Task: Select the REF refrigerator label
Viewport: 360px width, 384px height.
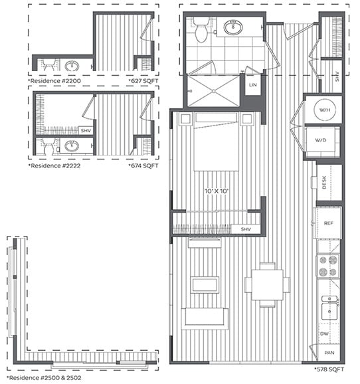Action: pos(327,223)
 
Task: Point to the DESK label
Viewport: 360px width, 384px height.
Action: pos(324,182)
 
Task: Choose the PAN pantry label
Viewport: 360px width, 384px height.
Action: pos(328,354)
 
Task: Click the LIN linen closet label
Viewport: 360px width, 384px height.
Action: pos(253,85)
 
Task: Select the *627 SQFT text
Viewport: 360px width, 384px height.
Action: pos(143,81)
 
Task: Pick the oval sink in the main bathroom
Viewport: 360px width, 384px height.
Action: pos(232,28)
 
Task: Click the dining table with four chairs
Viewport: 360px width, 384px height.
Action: pos(267,284)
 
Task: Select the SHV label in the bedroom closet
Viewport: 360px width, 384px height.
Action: pos(246,229)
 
